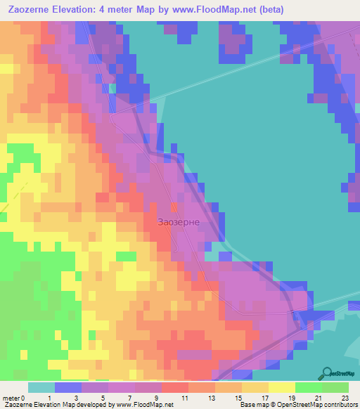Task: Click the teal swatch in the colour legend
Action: point(41,387)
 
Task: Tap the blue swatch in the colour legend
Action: point(68,387)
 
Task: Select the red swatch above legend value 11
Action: point(175,387)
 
